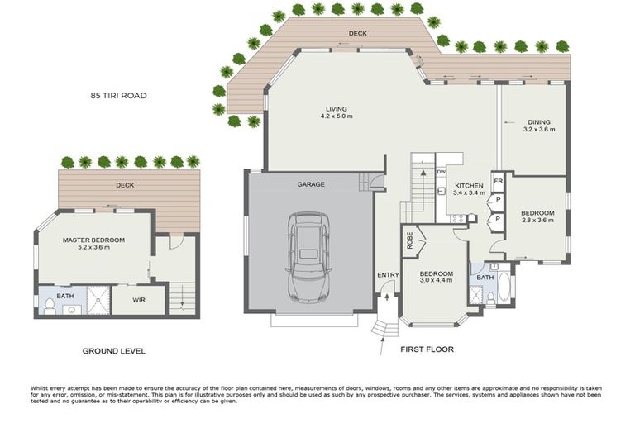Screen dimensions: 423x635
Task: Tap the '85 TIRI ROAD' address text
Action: point(118,96)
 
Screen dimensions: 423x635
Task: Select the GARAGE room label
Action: point(311,184)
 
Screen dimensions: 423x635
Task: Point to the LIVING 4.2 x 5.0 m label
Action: point(337,112)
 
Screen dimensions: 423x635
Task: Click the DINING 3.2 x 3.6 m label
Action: point(539,126)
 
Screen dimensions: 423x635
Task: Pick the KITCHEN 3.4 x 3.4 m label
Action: point(470,190)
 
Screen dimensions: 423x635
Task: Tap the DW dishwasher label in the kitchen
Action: point(441,172)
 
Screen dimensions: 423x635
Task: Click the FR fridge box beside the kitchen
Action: point(498,181)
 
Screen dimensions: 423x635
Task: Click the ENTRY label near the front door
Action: point(388,274)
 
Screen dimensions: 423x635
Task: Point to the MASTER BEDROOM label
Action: point(94,245)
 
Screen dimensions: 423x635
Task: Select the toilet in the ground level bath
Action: point(50,307)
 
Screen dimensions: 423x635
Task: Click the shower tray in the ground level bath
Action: point(97,300)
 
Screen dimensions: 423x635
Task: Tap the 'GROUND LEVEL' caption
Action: point(114,351)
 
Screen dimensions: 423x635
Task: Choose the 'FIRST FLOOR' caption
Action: point(427,349)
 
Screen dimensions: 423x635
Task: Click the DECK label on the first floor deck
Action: point(357,34)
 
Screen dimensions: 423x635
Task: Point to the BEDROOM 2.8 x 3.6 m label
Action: point(537,216)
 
